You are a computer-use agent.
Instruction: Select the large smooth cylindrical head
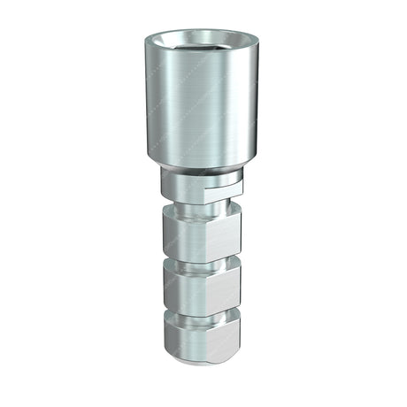[203, 106]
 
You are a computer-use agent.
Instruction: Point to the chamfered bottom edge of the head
[203, 165]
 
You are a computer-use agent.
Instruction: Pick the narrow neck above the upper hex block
[203, 209]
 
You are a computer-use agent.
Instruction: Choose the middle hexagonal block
[203, 285]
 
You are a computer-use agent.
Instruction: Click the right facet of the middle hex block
[227, 285]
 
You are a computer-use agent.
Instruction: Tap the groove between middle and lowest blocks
[203, 311]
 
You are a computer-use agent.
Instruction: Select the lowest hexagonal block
[203, 336]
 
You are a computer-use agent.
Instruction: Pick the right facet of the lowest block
[227, 336]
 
